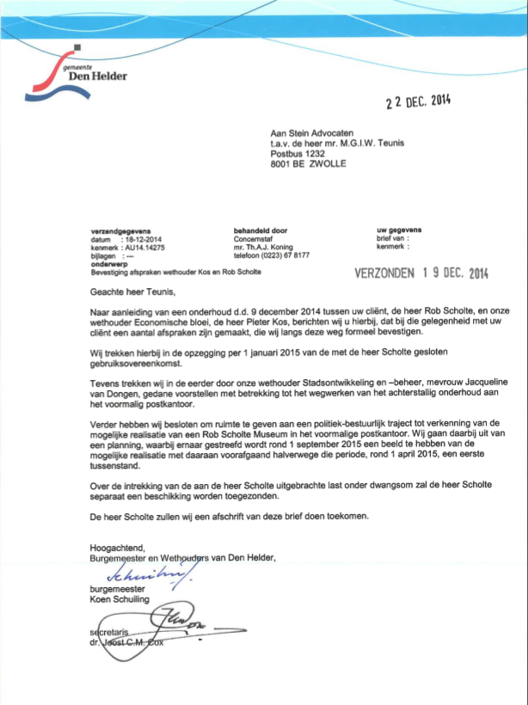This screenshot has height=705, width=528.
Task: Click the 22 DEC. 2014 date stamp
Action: [x=418, y=101]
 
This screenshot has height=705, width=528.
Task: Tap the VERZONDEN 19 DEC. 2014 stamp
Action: [x=421, y=273]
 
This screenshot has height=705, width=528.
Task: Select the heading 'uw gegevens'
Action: [x=399, y=230]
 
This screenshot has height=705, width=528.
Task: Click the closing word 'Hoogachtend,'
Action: [x=118, y=547]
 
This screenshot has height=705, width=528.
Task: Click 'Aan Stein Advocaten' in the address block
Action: [x=312, y=133]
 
